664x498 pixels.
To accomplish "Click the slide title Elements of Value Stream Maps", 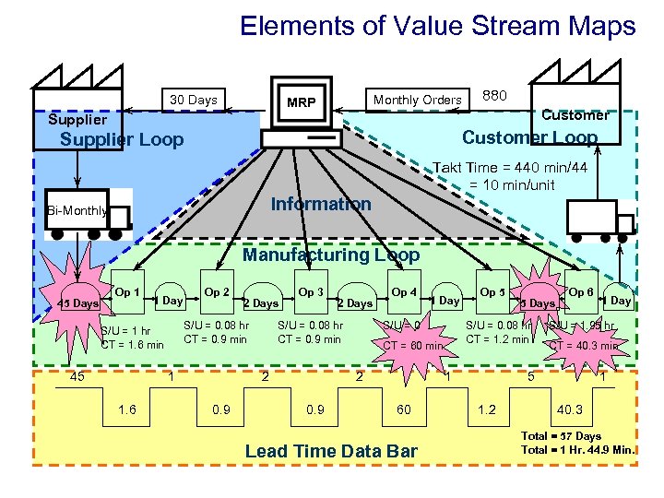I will pos(437,26).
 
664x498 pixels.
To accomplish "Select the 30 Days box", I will pos(193,100).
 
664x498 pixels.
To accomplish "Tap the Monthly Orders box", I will pos(417,100).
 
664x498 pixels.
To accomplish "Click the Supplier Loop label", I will pos(121,140).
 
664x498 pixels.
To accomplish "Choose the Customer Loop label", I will pos(529,137).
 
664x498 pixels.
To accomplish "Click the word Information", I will pos(321,204).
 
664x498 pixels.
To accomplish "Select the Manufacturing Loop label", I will pos(330,255).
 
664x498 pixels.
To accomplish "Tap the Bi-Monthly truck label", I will pos(78,210).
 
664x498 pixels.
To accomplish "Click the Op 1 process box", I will pos(127,292).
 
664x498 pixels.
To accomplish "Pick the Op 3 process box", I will pos(309,292).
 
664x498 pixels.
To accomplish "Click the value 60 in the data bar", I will pos(403,409).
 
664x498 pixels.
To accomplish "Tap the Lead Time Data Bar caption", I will pos(331,451).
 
